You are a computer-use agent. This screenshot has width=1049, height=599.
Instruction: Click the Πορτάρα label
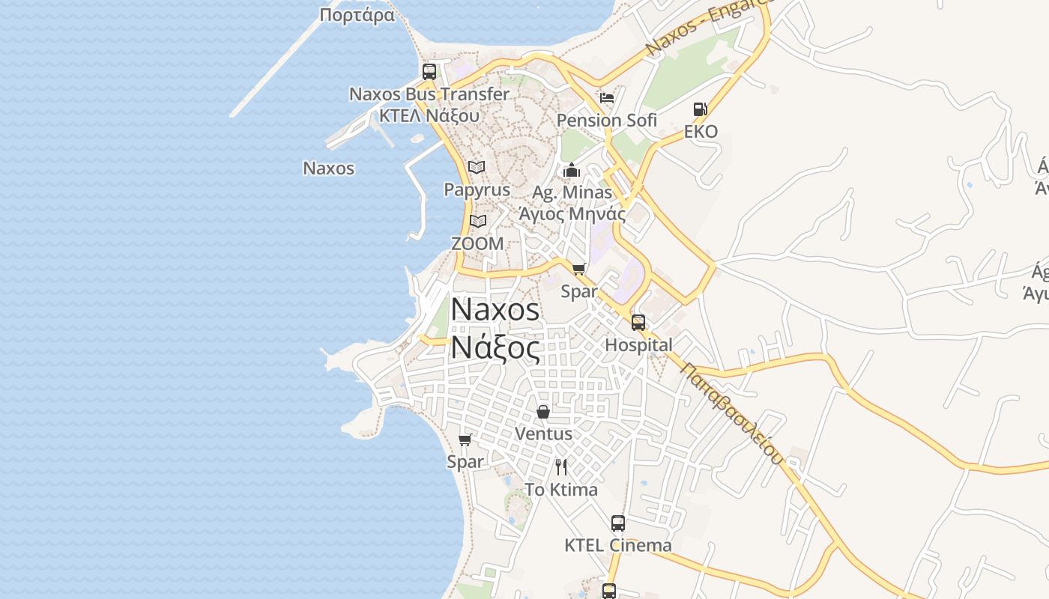pos(357,16)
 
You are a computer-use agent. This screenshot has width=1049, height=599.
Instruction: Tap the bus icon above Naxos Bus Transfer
pos(429,72)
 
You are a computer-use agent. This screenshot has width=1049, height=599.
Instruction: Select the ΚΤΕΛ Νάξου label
pos(429,116)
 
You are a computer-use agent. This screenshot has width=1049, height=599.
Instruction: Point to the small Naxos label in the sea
pos(328,168)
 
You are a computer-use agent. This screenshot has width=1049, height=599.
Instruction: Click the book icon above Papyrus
pos(477,167)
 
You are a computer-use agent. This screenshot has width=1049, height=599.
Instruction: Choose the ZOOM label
pos(477,243)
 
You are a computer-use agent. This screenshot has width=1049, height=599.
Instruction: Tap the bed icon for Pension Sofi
pos(607,98)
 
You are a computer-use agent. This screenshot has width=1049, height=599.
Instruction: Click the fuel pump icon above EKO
pos(701,109)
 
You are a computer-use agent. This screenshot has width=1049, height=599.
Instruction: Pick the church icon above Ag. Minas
pos(572,170)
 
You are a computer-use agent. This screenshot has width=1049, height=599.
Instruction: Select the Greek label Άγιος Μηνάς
pos(572,214)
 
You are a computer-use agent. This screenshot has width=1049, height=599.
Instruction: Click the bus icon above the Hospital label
pos(638,323)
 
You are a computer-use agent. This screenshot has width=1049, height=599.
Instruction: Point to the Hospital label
pos(638,345)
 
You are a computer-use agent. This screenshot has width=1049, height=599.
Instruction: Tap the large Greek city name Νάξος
pos(495,348)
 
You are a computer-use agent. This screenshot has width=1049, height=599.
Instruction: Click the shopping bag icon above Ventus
pos(543,412)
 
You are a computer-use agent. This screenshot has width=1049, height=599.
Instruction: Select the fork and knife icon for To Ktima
pos(561,467)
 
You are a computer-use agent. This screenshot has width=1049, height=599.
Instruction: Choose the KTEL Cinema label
pos(618,545)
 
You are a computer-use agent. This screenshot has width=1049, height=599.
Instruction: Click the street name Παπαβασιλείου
pos(733,413)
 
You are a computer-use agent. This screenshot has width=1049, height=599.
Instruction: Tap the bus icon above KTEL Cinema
pos(618,523)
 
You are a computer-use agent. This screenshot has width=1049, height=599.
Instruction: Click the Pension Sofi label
pos(607,120)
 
